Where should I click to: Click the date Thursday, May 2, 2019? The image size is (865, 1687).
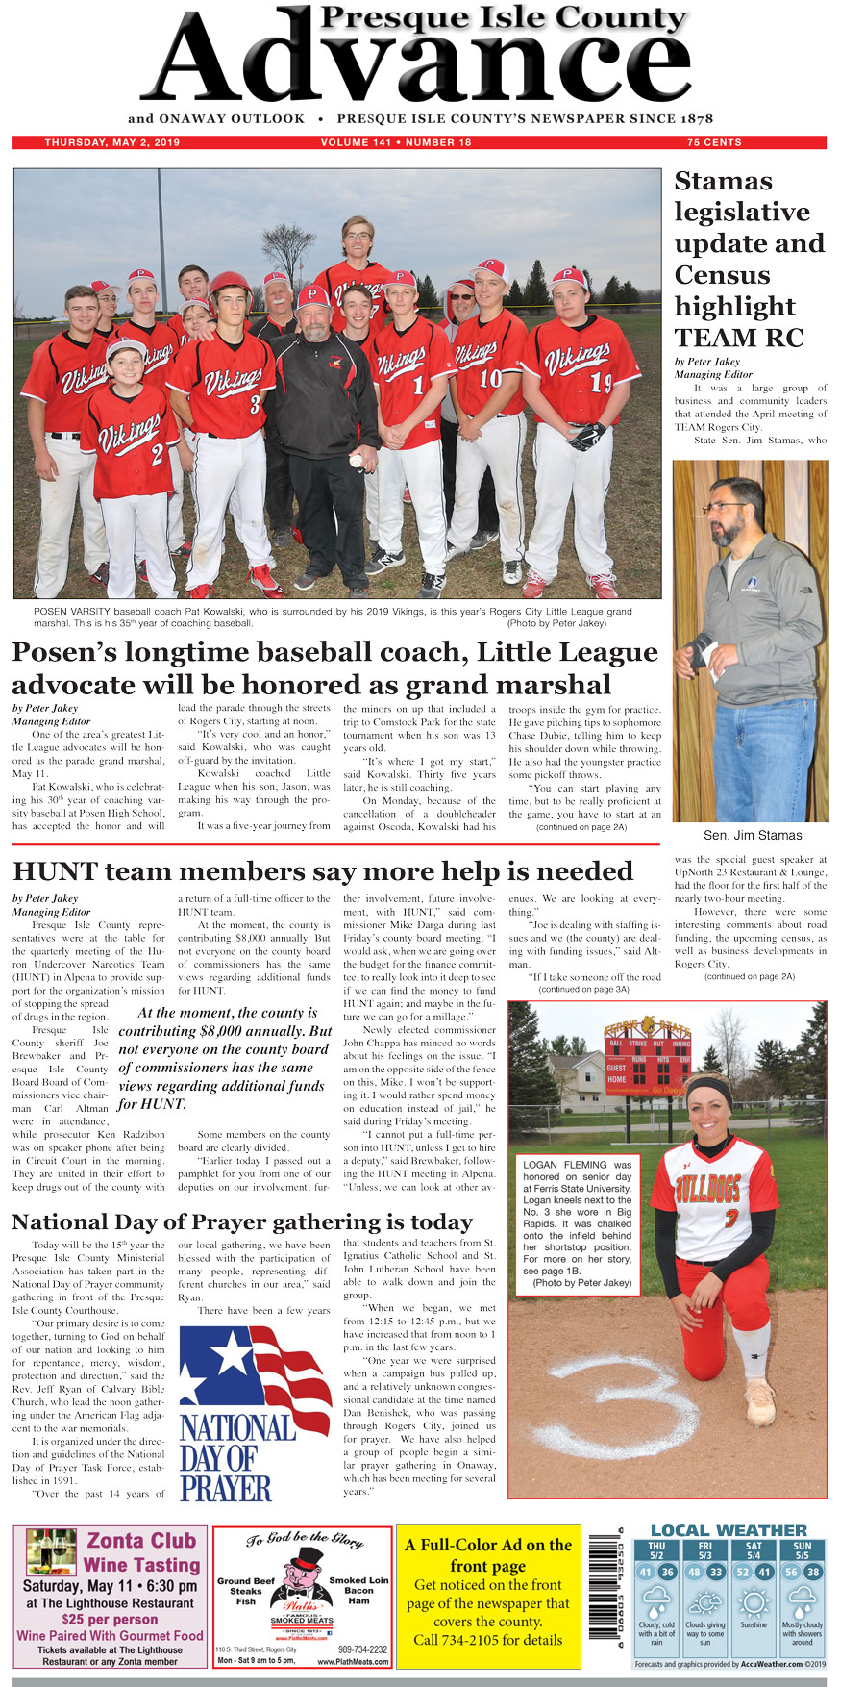[111, 142]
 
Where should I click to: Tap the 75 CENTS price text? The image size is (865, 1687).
[714, 142]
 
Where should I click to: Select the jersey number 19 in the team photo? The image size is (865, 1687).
[601, 384]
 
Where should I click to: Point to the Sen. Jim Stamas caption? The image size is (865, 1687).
[752, 835]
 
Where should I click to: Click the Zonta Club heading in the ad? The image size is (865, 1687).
[141, 1541]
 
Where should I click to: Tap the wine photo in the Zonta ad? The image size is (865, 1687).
[51, 1551]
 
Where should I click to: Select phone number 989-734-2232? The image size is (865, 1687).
[362, 1649]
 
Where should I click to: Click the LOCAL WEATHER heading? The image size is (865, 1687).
[729, 1530]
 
